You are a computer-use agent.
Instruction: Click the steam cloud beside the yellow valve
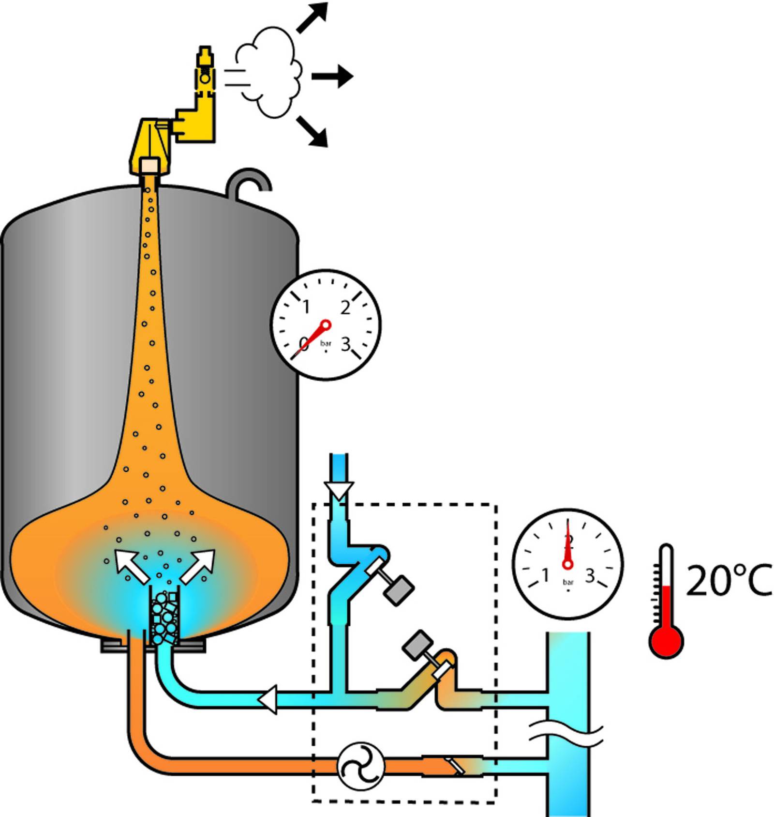pyautogui.click(x=268, y=73)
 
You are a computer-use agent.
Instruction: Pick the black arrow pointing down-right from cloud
pyautogui.click(x=313, y=131)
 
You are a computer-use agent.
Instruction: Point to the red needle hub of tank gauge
pyautogui.click(x=326, y=324)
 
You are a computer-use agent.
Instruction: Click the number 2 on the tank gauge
pyautogui.click(x=345, y=308)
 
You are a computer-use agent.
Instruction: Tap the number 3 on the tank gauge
pyautogui.click(x=345, y=344)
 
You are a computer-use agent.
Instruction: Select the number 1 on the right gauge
pyautogui.click(x=546, y=575)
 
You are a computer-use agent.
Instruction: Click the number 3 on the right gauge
pyautogui.click(x=590, y=575)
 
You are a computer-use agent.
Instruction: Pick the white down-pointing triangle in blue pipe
pyautogui.click(x=339, y=491)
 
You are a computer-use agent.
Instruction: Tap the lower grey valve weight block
pyautogui.click(x=418, y=645)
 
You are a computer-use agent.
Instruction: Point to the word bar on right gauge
pyautogui.click(x=568, y=582)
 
